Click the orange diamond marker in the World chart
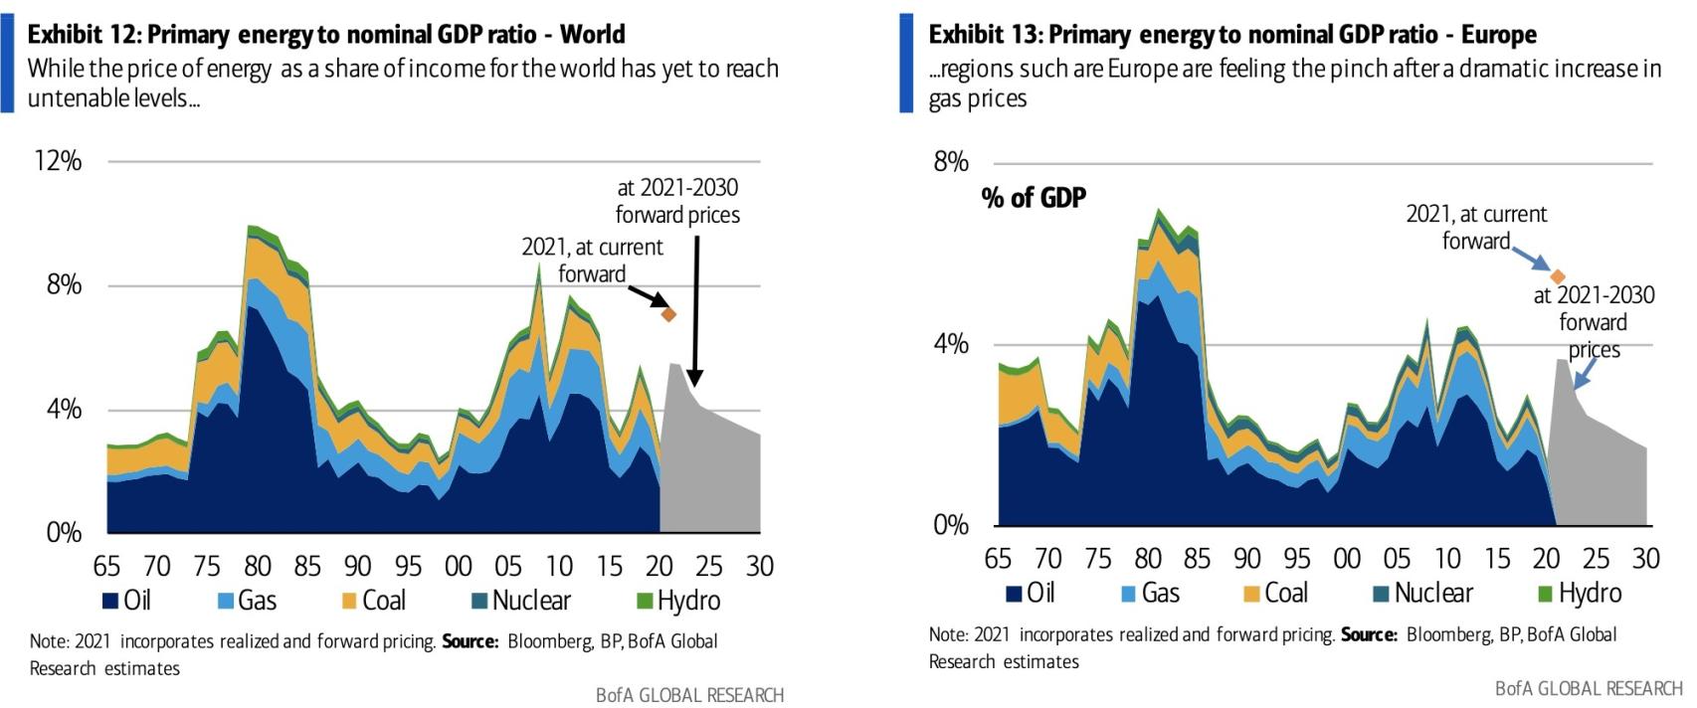click(x=669, y=314)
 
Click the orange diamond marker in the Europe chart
click(x=1558, y=276)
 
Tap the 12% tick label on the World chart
click(x=58, y=161)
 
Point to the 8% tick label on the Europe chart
click(x=950, y=162)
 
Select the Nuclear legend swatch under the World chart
click(x=479, y=601)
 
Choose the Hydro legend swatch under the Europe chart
click(x=1546, y=594)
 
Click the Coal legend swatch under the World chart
click(x=349, y=601)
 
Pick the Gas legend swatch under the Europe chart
click(x=1128, y=594)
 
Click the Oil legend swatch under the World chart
click(x=110, y=601)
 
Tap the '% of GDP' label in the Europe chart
click(x=1034, y=198)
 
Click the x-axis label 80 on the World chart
click(x=258, y=566)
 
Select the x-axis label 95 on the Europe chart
click(x=1296, y=559)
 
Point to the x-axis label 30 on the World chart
click(x=759, y=566)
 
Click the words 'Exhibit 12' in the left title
click(x=84, y=35)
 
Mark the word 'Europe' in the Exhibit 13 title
click(x=1498, y=35)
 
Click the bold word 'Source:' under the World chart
click(x=470, y=641)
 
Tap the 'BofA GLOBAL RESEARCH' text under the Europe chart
click(x=1588, y=688)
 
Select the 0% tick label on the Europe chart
click(x=950, y=525)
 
